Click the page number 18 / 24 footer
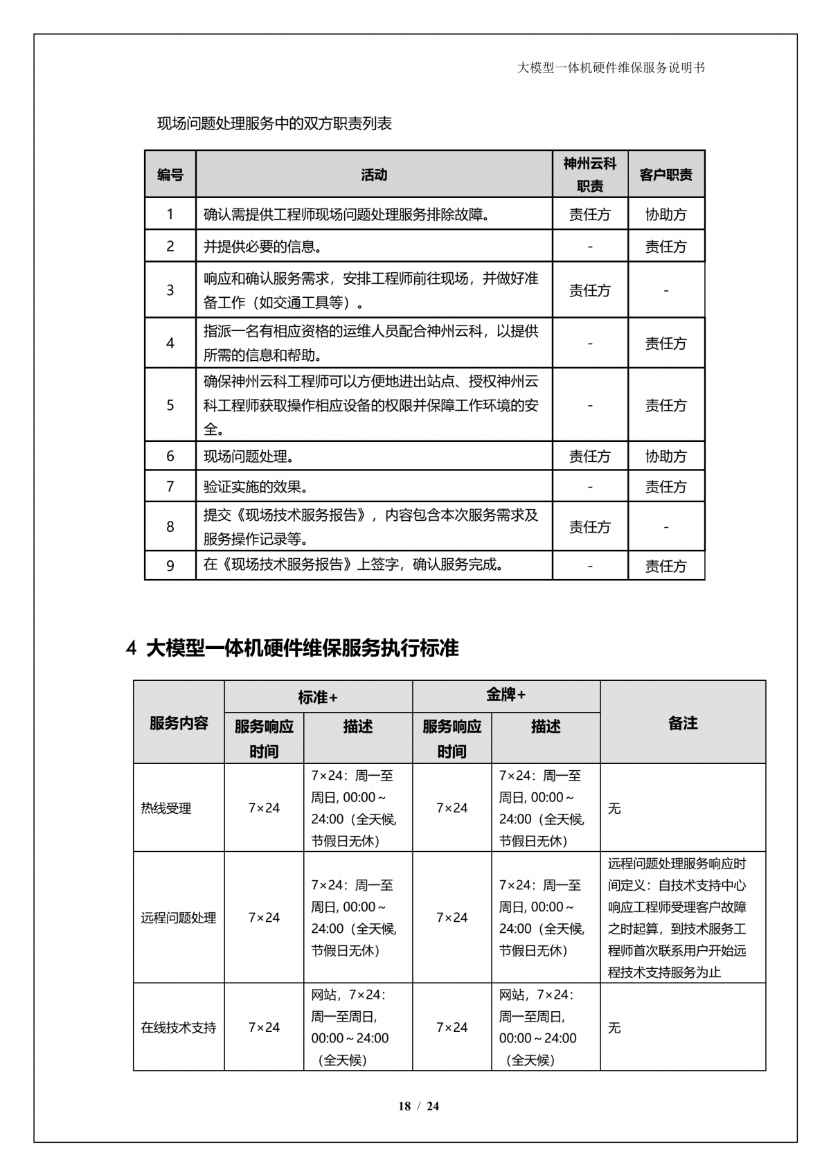418,1106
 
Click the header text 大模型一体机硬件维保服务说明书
611,68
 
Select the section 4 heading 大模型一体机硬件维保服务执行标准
292,648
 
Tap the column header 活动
374,175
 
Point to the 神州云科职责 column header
590,175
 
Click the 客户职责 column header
665,175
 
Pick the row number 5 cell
170,404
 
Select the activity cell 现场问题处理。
249,456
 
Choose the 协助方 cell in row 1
665,215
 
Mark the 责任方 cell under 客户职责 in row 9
665,566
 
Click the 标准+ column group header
318,697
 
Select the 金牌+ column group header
506,695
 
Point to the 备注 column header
683,723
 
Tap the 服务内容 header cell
179,723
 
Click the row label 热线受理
166,808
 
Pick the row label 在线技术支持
179,1027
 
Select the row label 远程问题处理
179,918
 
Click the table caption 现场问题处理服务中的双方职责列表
274,124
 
